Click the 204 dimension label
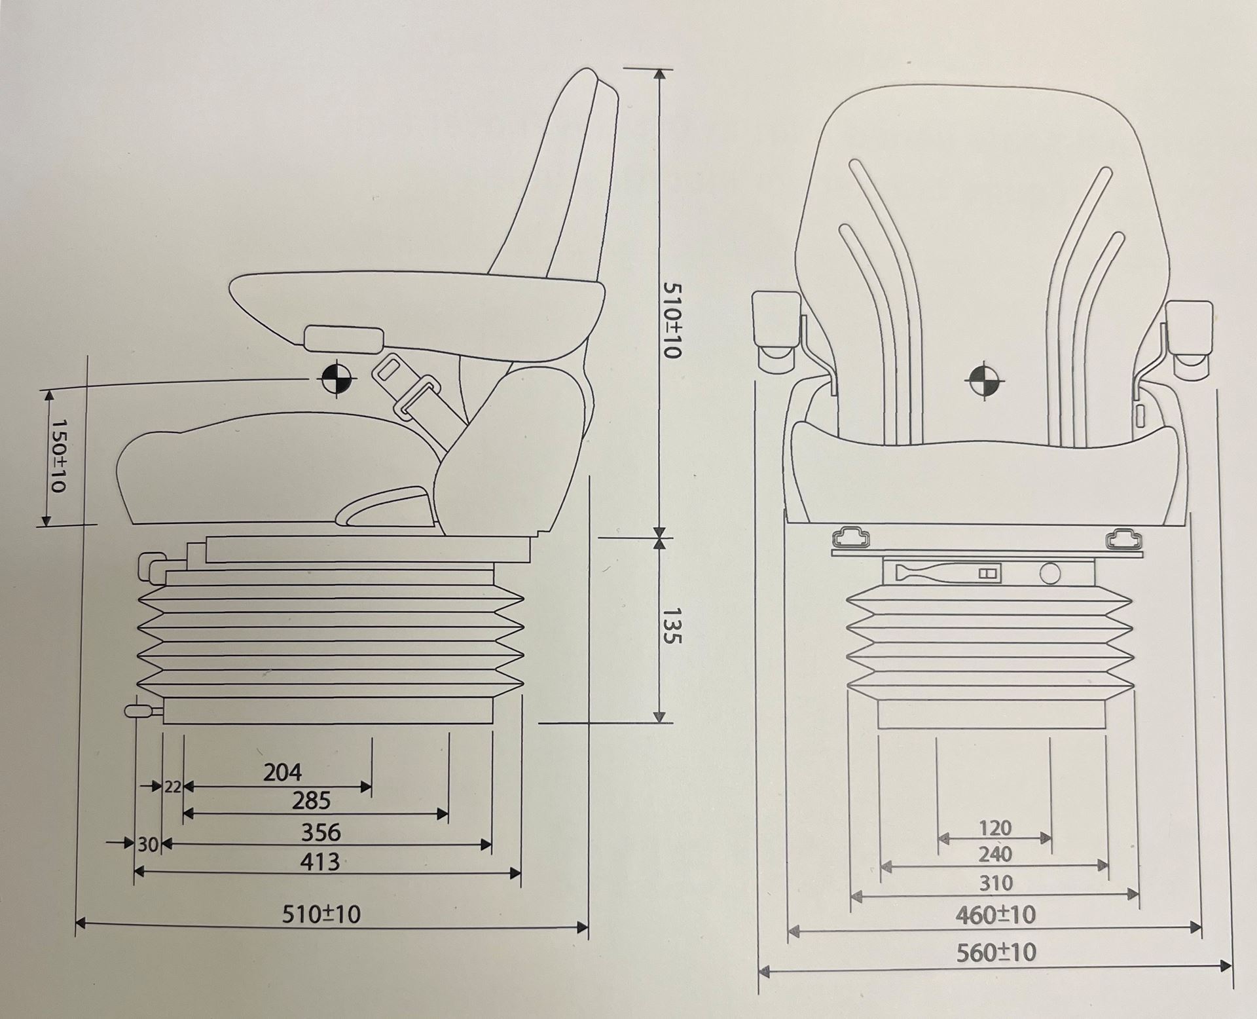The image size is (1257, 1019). (282, 773)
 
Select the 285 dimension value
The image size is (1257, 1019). (312, 801)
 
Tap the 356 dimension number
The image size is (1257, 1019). (321, 832)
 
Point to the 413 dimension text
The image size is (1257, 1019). (319, 862)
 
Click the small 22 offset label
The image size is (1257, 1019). (172, 787)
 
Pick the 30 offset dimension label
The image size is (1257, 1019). (148, 845)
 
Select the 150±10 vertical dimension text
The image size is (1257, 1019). (60, 456)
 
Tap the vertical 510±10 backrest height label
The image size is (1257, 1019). (672, 320)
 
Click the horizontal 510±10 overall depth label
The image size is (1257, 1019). (321, 914)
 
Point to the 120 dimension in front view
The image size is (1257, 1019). (995, 828)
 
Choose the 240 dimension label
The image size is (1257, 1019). (995, 854)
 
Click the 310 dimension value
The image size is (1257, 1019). (996, 883)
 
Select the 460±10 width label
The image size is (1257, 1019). (996, 914)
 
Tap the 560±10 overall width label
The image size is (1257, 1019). (996, 952)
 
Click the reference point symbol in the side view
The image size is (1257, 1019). (336, 378)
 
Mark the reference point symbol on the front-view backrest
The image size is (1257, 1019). (984, 379)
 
